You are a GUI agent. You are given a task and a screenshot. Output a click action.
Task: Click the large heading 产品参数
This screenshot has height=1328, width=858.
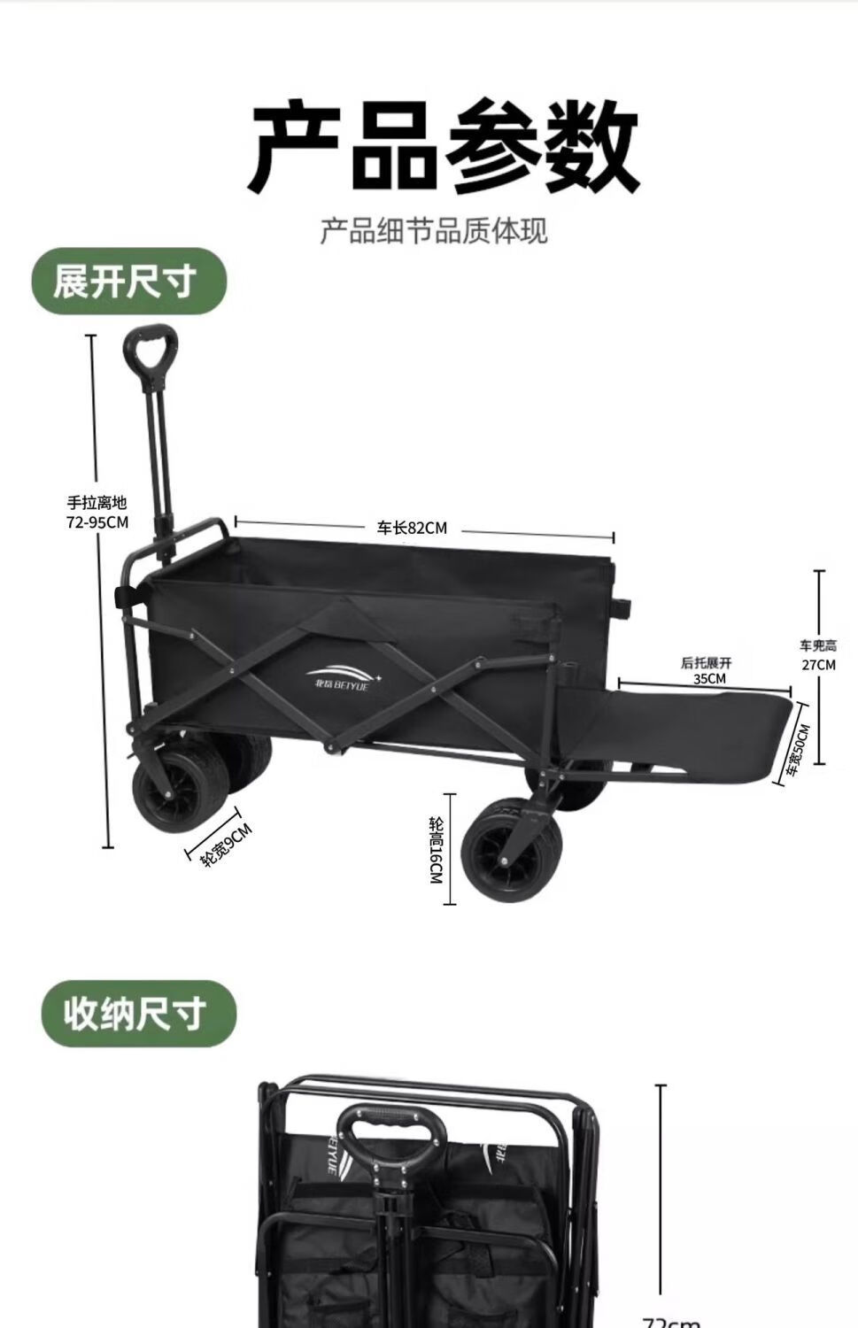(x=442, y=145)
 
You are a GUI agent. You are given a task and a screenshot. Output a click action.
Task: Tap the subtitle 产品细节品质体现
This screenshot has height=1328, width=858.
(x=434, y=231)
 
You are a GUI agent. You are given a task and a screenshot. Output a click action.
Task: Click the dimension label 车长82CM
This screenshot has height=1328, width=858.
(x=413, y=529)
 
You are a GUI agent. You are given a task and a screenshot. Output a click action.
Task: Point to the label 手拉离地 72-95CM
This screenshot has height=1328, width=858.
(x=97, y=513)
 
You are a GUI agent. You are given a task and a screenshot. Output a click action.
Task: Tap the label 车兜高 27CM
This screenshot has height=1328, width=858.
(x=818, y=655)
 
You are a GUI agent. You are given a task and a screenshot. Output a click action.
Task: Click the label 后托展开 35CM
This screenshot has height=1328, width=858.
(x=707, y=670)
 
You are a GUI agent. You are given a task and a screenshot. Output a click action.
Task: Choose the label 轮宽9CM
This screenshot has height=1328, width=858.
(x=227, y=845)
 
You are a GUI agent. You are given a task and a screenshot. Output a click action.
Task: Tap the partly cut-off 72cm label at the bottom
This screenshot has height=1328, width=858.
(x=671, y=1321)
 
